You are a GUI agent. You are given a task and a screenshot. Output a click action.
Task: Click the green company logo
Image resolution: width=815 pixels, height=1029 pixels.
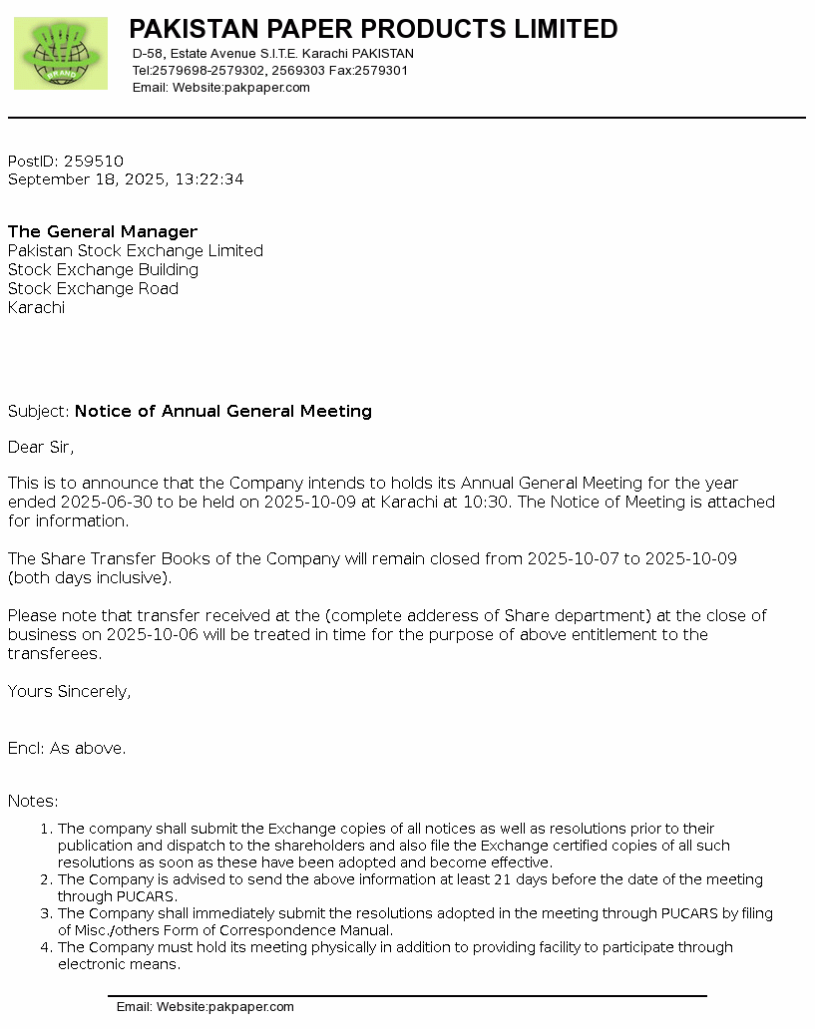[x=61, y=53]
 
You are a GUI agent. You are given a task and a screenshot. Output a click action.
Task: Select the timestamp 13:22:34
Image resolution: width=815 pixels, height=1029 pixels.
[x=209, y=179]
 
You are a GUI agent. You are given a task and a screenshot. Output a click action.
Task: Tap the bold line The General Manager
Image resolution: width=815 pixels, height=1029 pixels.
[x=103, y=232]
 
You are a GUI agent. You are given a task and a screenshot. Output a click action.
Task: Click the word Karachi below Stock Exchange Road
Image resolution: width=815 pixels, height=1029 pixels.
[x=36, y=308]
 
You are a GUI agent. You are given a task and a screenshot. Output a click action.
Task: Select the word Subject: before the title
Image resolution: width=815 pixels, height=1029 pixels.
[x=39, y=412]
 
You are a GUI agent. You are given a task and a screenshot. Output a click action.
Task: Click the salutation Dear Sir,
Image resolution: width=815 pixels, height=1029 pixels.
[x=41, y=448]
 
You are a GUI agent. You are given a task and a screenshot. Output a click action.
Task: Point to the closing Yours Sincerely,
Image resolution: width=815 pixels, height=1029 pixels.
[x=69, y=692]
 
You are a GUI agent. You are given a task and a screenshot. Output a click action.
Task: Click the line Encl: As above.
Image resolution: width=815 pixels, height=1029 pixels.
[x=67, y=749]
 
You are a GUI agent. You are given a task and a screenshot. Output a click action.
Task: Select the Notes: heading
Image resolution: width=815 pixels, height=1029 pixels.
[x=33, y=802]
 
